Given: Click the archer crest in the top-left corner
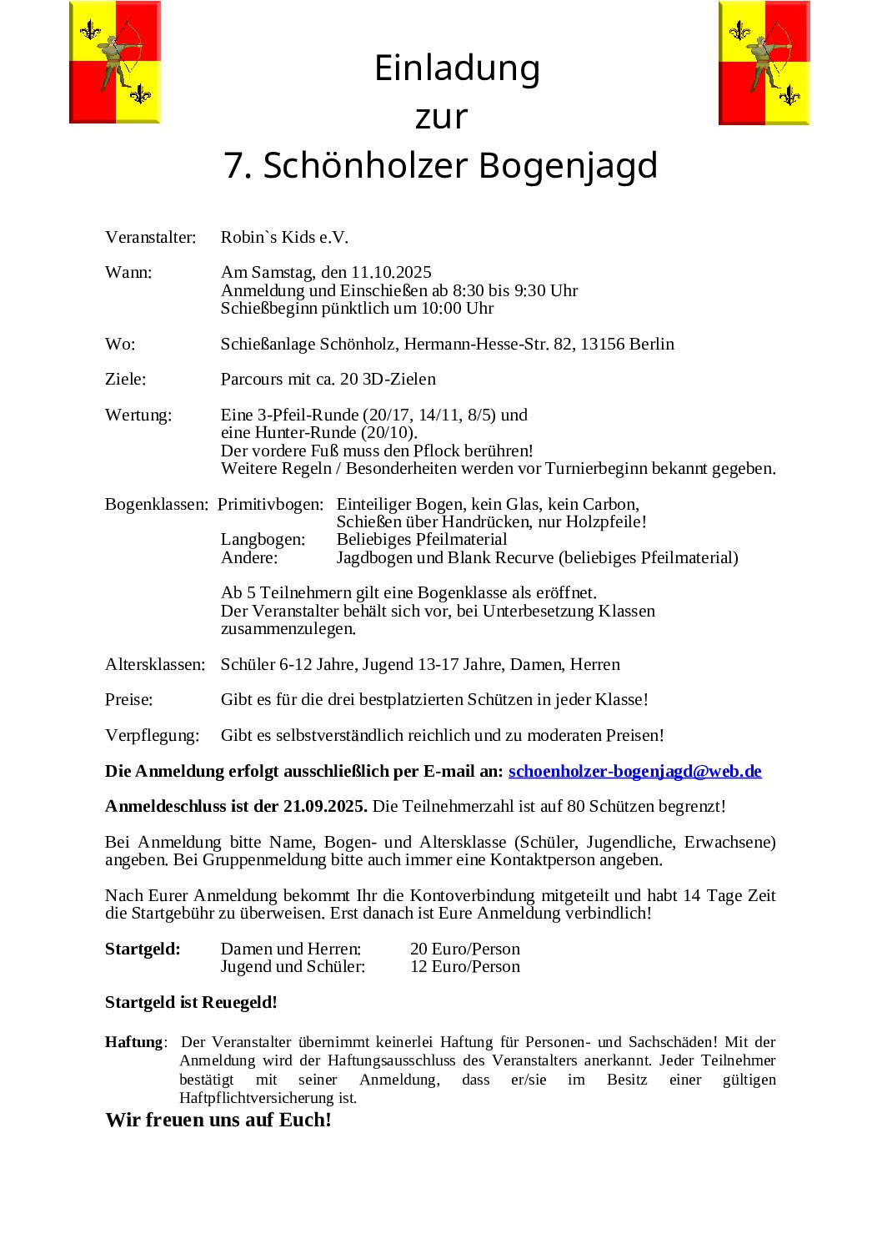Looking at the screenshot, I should pyautogui.click(x=115, y=63).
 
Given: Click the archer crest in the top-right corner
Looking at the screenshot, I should pyautogui.click(x=764, y=63).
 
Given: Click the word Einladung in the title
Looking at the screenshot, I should pyautogui.click(x=457, y=68).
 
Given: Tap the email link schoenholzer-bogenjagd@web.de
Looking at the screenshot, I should pyautogui.click(x=634, y=771).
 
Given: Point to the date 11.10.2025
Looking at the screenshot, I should pyautogui.click(x=391, y=272).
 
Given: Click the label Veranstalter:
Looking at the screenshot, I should pyautogui.click(x=151, y=237).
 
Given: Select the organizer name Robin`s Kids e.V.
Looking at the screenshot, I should pyautogui.click(x=284, y=237).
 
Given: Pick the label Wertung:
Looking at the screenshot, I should pyautogui.click(x=138, y=415).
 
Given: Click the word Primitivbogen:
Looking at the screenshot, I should pyautogui.click(x=271, y=504).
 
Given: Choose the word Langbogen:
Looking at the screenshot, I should pyautogui.click(x=263, y=539).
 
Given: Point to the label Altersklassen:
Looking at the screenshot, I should pyautogui.click(x=155, y=664).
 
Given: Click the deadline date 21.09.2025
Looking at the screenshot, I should pyautogui.click(x=325, y=806).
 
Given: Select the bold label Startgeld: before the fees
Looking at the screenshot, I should pyautogui.click(x=143, y=949).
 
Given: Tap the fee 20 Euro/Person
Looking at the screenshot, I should pyautogui.click(x=465, y=949).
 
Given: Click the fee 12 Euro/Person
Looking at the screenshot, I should pyautogui.click(x=465, y=966).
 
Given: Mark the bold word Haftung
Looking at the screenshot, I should pyautogui.click(x=134, y=1042).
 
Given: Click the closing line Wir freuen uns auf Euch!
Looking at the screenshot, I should pyautogui.click(x=218, y=1120).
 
